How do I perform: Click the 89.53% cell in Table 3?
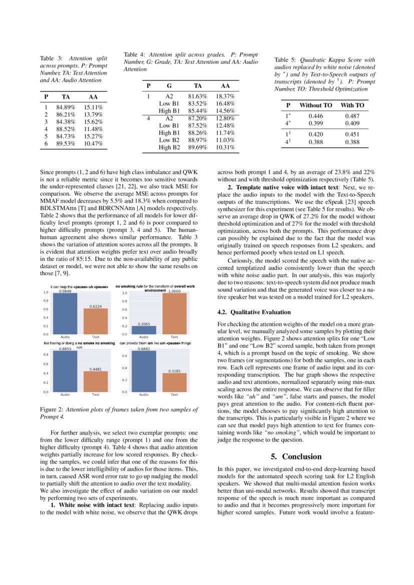pos(66,144)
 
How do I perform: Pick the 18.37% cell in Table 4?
pos(225,96)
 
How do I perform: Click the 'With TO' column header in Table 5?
pos(352,105)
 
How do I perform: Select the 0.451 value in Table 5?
pos(352,134)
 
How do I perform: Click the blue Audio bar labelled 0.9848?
pos(65,313)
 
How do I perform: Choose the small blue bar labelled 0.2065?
pos(144,330)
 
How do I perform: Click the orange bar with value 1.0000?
pos(174,313)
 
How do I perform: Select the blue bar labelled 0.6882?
pos(144,371)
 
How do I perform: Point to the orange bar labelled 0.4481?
pos(96,381)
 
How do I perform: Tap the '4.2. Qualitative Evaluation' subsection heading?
pos(254,312)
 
